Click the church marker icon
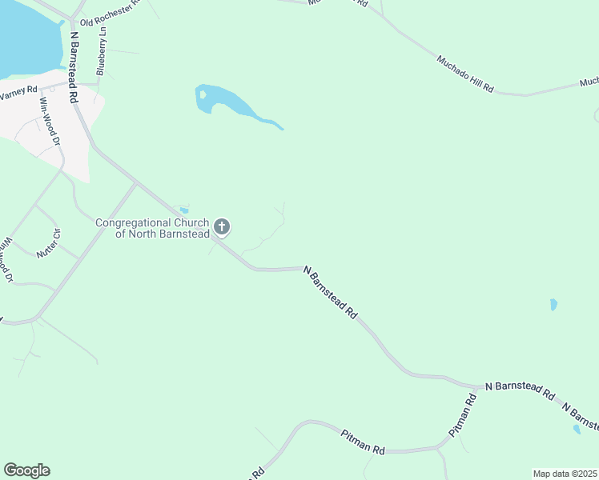[223, 227]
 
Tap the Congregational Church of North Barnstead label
[152, 228]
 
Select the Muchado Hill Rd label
[465, 73]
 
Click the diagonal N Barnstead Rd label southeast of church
[331, 294]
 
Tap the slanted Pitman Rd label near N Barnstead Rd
[463, 414]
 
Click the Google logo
[26, 470]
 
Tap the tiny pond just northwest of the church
[184, 210]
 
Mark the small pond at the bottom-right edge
[577, 430]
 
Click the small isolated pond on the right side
[553, 305]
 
